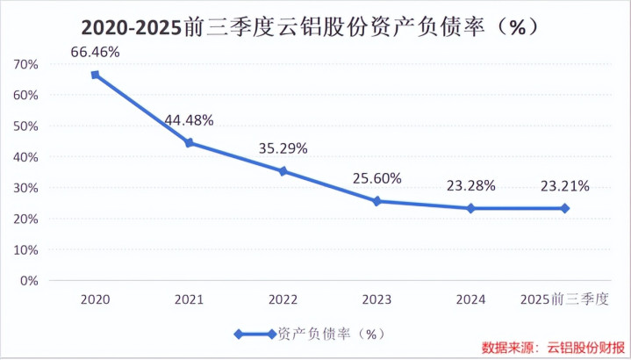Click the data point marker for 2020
95,75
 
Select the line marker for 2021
189,142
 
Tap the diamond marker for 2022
283,171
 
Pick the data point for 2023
377,201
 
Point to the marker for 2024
471,208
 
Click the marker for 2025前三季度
565,208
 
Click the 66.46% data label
95,53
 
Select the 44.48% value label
189,120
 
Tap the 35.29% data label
283,148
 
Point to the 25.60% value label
377,178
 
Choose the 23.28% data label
471,185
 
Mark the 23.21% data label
565,185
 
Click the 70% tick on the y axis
25,64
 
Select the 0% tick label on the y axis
29,281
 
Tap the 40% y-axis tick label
25,157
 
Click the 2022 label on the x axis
283,300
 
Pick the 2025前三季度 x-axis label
564,300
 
